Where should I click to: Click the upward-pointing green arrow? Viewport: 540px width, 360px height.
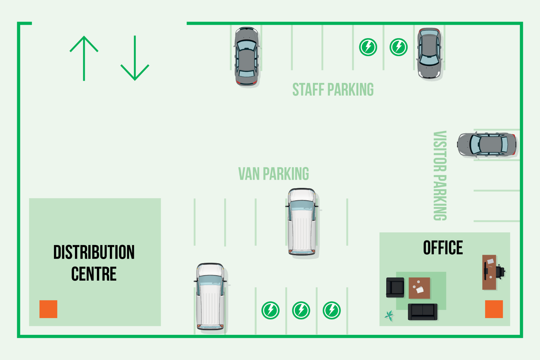84,58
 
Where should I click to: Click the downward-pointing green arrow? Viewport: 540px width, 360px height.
135,58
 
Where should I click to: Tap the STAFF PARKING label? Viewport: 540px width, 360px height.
333,90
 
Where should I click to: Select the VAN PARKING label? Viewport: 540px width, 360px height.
273,174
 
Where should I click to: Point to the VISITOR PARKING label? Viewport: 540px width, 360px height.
440,176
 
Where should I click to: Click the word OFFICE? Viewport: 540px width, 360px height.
443,248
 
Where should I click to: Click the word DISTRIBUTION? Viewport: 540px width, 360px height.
94,252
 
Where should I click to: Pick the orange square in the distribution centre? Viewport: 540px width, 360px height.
49,309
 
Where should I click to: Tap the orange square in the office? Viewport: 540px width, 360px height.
494,309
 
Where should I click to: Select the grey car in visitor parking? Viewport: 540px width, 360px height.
487,144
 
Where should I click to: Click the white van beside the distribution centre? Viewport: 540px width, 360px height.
211,297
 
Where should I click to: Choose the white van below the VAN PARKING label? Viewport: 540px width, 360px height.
302,222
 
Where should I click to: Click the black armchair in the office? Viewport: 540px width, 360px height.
395,288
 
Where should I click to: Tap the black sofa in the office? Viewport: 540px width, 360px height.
422,312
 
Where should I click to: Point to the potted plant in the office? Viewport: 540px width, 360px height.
389,316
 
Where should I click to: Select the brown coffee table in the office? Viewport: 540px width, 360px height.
420,288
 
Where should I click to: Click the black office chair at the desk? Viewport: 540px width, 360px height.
501,272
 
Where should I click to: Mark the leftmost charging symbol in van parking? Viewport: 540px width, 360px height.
271,310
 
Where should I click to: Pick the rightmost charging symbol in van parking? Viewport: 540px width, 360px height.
332,310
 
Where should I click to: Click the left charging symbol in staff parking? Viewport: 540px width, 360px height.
368,47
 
